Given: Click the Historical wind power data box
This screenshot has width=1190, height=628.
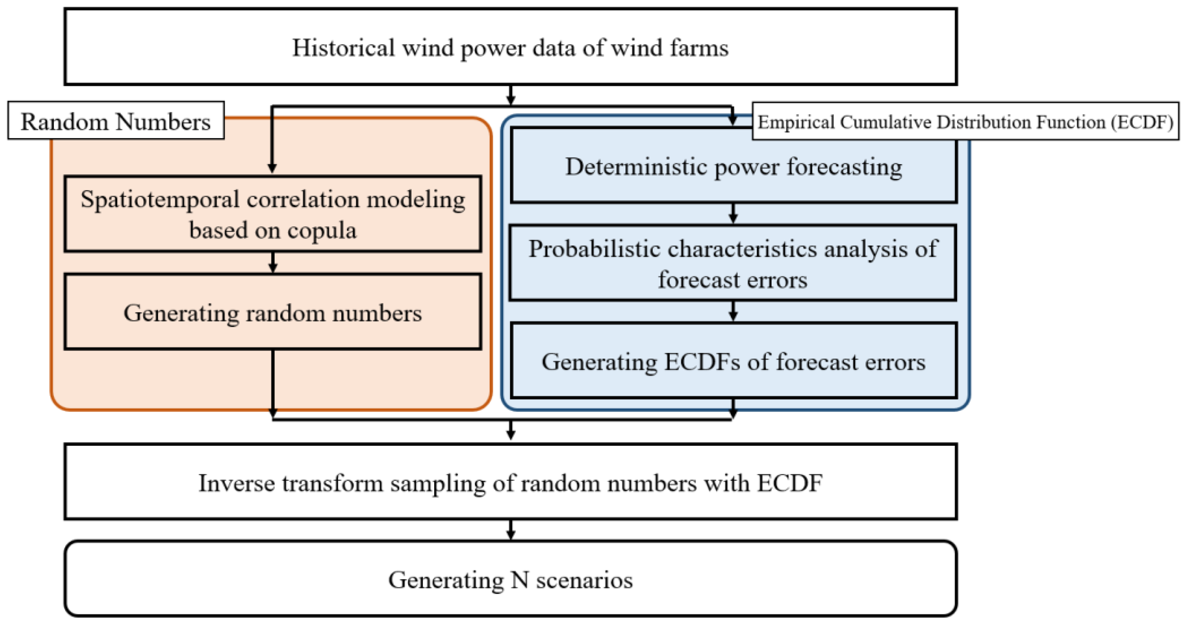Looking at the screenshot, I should point(510,47).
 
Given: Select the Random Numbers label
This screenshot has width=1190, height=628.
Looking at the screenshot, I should point(115,121).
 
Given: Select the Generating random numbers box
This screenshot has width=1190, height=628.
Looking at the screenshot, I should point(273,313).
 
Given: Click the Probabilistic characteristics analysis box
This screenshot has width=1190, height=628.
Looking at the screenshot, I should point(733,264).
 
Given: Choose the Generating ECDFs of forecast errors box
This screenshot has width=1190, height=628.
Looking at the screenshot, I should point(733,361).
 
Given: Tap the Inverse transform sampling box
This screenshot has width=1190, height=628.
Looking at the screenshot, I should point(510,483).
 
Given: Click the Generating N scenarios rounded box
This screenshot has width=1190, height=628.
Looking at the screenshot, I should point(510,579).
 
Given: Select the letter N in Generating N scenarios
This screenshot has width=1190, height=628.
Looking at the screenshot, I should point(520,579).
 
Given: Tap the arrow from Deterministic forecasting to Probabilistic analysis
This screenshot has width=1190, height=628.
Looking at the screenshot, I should point(733,213).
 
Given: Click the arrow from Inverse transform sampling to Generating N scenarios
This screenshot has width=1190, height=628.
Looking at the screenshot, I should point(510,530).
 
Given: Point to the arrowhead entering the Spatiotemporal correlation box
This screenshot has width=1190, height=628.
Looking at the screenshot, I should point(272,167).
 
